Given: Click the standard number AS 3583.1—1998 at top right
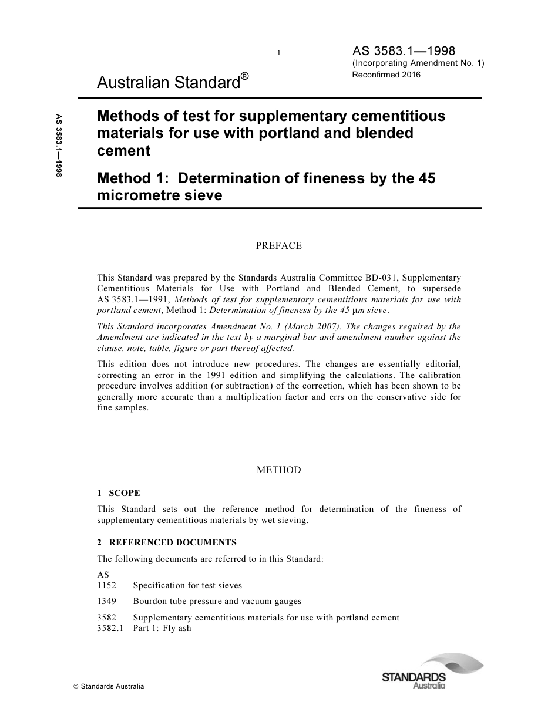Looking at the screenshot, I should click(x=404, y=51).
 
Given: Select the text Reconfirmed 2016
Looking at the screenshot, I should click(x=386, y=75).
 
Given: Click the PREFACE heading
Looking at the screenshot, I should click(x=278, y=246).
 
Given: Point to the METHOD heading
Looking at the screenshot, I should click(x=278, y=470).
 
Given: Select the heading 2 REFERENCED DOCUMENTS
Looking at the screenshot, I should click(x=167, y=542).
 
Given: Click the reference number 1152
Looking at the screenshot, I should click(x=107, y=585).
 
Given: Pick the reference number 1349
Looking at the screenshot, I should click(x=107, y=601).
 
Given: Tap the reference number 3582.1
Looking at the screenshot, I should click(x=110, y=628).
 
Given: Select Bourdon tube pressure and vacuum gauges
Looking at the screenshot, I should click(x=217, y=601).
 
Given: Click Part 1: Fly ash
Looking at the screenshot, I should click(x=162, y=628).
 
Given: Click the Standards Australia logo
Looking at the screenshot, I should click(x=432, y=672).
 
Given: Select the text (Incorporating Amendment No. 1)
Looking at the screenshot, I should click(x=418, y=63).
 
